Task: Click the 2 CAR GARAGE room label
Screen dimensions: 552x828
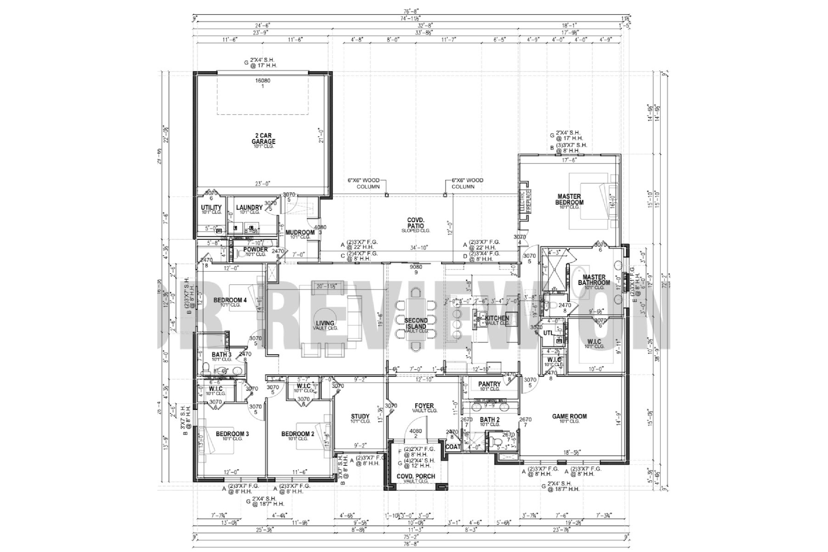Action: click(263, 139)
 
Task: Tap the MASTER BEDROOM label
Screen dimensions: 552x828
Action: click(569, 200)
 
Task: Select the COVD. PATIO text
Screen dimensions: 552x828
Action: click(416, 223)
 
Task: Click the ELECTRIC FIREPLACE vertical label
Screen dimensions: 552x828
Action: click(526, 202)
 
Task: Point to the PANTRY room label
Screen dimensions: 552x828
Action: click(489, 384)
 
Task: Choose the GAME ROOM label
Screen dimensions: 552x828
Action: click(569, 416)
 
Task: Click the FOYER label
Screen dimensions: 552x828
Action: click(424, 406)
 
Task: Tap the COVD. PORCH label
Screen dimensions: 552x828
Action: click(416, 476)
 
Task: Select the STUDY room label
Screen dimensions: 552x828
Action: click(360, 416)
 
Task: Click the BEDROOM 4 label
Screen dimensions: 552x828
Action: click(230, 300)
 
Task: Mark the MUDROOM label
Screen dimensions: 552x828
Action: click(300, 232)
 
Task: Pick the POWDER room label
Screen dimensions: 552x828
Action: click(256, 249)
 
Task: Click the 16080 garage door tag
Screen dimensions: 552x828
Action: click(263, 81)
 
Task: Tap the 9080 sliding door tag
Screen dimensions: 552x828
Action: click(416, 267)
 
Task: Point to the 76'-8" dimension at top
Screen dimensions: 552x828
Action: click(411, 12)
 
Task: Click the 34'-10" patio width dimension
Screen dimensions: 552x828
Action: click(418, 248)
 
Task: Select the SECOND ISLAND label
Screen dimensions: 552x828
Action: click(416, 324)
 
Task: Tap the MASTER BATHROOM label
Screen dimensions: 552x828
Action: click(594, 280)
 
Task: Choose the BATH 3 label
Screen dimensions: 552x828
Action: click(221, 355)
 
